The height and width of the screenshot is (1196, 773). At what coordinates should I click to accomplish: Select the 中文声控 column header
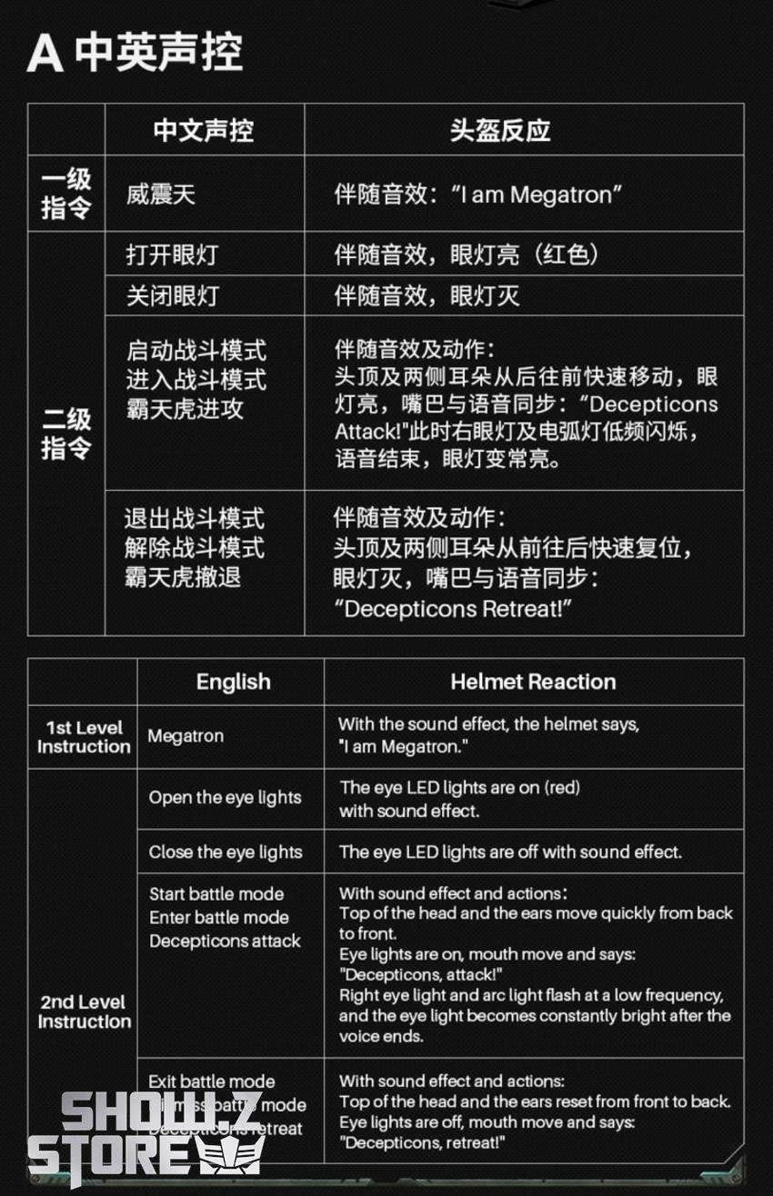click(x=204, y=130)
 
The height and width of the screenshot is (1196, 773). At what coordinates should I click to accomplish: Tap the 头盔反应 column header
click(x=499, y=130)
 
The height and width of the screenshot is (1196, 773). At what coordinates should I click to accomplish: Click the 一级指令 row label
click(x=66, y=194)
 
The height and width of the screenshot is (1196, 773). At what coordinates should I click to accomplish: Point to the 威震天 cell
click(x=160, y=194)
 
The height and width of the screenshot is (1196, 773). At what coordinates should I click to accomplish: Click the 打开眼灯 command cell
click(x=172, y=254)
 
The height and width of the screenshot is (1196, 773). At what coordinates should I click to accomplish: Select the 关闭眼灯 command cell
click(x=172, y=295)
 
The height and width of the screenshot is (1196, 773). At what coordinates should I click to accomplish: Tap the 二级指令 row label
click(x=66, y=433)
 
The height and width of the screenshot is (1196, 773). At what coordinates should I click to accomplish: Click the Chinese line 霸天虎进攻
click(x=185, y=408)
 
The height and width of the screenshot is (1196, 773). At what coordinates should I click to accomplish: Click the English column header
click(x=233, y=682)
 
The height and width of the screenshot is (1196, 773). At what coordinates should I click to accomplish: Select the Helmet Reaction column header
click(x=533, y=682)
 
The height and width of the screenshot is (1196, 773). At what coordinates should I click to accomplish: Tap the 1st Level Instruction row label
click(x=84, y=737)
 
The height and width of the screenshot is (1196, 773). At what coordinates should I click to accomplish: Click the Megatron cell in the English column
click(x=186, y=736)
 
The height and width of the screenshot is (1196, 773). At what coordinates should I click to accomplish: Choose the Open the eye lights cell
click(x=225, y=798)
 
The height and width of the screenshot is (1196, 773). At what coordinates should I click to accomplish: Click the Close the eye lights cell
click(x=226, y=852)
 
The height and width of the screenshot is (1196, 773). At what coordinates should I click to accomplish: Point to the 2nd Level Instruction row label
click(x=84, y=1012)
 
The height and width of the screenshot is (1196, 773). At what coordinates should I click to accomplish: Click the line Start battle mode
click(x=216, y=894)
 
